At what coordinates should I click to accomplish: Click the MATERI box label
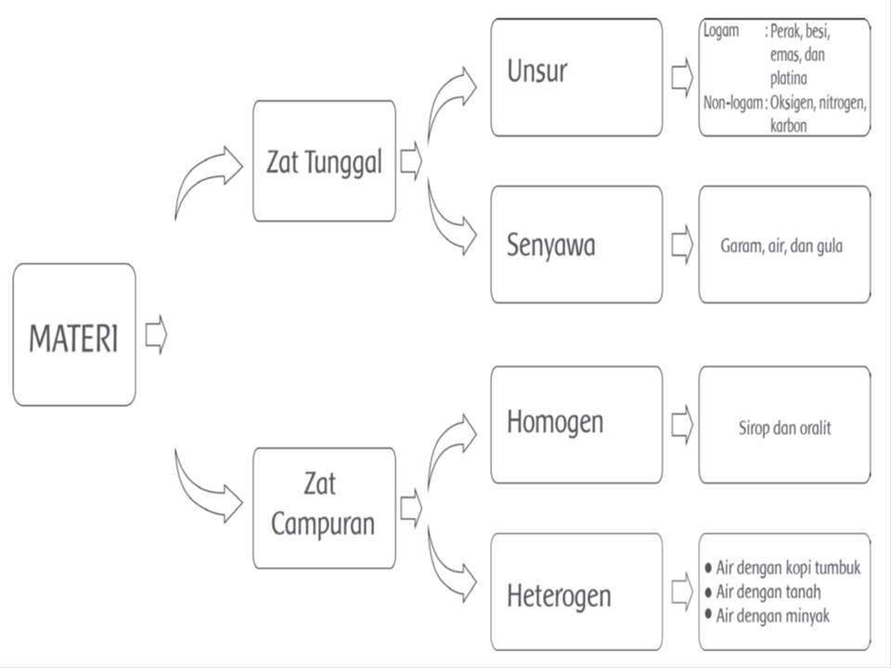click(x=74, y=339)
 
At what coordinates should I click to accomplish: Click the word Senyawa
click(x=550, y=246)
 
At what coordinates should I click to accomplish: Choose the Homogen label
click(x=554, y=422)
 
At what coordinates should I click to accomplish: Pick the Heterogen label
click(x=559, y=594)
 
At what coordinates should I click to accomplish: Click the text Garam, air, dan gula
click(x=781, y=247)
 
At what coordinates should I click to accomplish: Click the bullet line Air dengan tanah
click(x=768, y=592)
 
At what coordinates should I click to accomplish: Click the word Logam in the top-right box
click(x=721, y=32)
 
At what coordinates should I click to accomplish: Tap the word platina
click(x=788, y=78)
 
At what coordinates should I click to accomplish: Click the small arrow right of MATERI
click(x=156, y=335)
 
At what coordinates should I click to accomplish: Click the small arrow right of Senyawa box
click(x=681, y=244)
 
